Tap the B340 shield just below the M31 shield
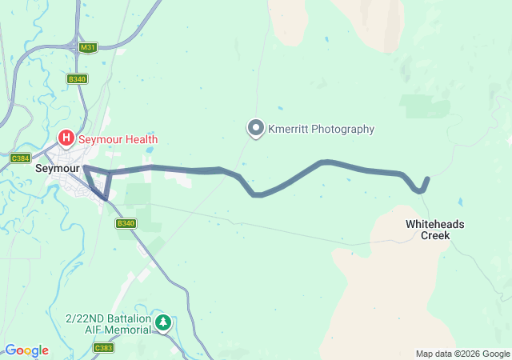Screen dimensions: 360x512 77,78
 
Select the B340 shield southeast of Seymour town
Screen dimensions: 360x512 126,223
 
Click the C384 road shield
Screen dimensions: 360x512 20,158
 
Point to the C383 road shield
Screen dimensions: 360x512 103,347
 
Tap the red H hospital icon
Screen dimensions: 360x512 66,139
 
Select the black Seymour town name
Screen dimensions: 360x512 58,170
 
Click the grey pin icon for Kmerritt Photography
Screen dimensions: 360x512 256,128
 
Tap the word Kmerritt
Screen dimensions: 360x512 290,129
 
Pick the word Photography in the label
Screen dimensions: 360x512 344,129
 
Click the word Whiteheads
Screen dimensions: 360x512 434,224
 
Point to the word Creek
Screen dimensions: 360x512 435,236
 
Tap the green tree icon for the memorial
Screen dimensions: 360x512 163,323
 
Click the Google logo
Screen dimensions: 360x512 26,350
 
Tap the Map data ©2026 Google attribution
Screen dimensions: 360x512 462,354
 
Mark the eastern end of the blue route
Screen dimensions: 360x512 428,178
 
